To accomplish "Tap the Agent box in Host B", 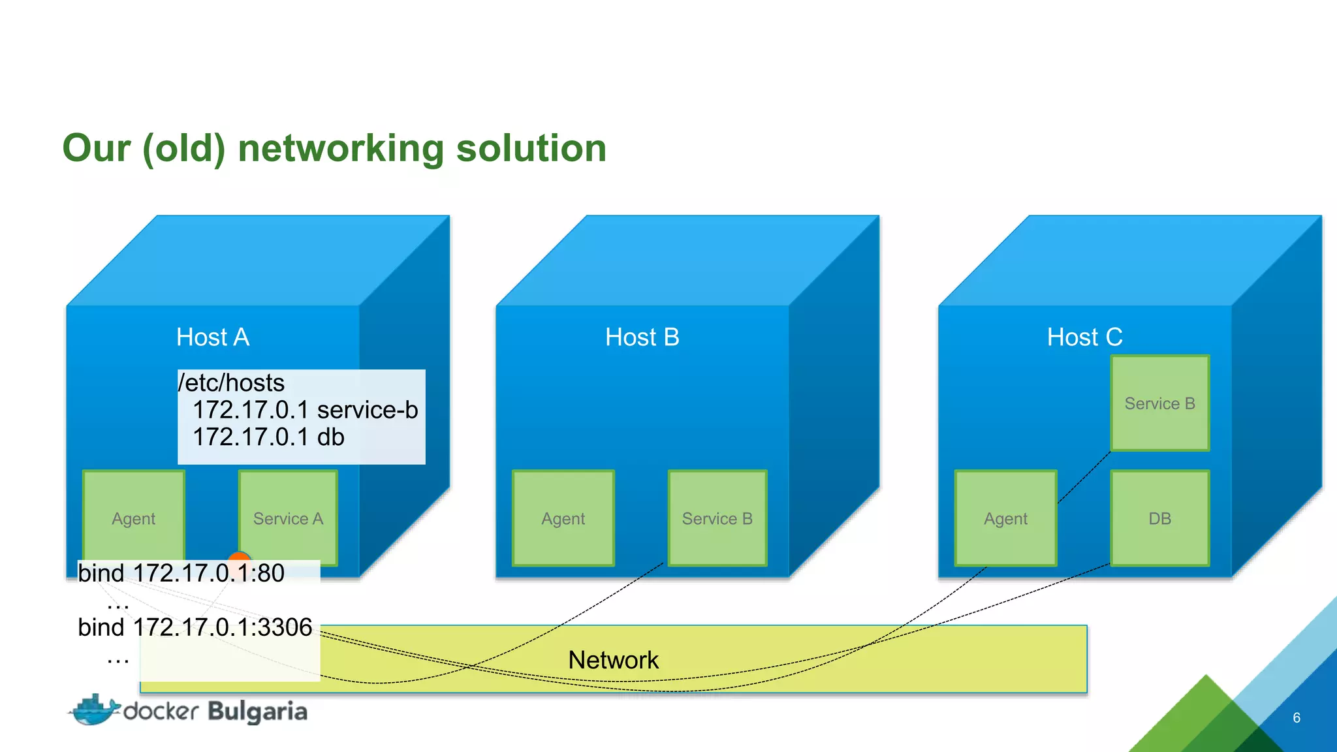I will (563, 518).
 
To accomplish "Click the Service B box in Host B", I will (717, 518).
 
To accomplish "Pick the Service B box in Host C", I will (1160, 403).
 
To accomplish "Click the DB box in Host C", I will (1160, 518).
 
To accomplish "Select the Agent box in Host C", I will (1006, 518).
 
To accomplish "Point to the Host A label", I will (213, 337).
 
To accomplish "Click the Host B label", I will (642, 337).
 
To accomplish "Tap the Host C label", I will (1085, 337).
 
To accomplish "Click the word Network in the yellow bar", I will (613, 660).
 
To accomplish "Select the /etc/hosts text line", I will (232, 383).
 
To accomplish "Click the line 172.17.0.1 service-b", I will (305, 410).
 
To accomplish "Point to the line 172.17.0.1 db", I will (268, 437).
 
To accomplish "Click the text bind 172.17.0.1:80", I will (181, 573).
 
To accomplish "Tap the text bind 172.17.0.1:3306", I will (195, 627).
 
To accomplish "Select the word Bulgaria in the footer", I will (257, 712).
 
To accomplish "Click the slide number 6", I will (1297, 717).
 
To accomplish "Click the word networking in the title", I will (341, 148).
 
